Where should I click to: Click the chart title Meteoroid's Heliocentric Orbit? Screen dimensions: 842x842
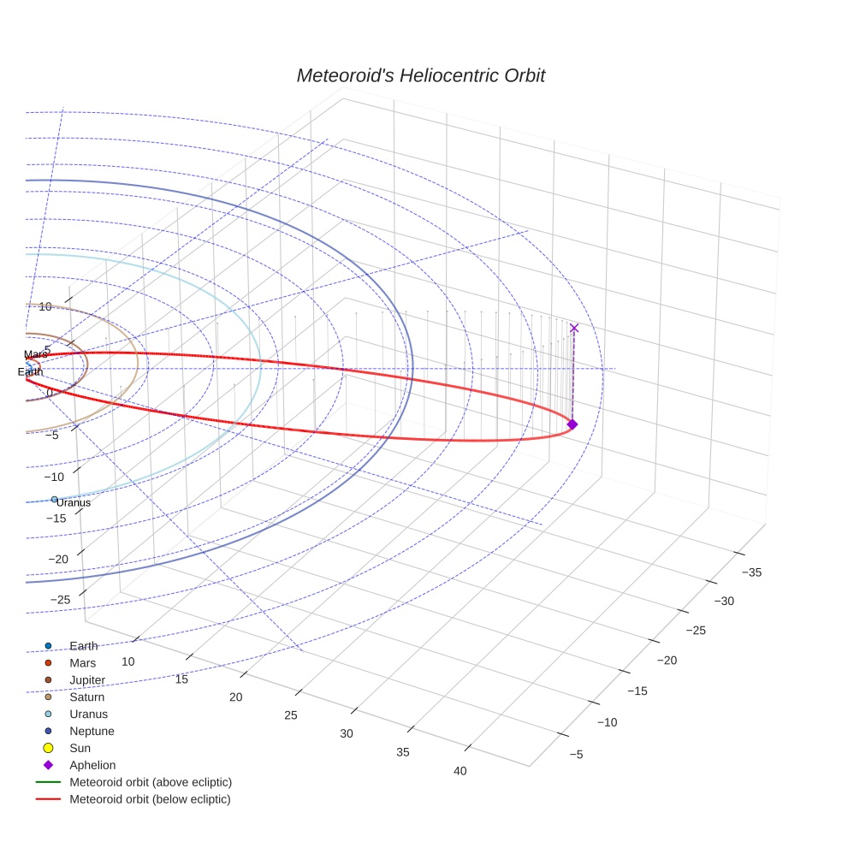click(x=420, y=76)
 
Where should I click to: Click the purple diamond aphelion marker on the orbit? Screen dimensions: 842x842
click(x=572, y=424)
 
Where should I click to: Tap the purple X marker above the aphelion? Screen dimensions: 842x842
click(x=573, y=328)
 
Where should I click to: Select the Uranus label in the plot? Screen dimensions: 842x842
click(x=74, y=503)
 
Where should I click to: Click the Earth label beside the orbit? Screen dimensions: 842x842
click(x=30, y=372)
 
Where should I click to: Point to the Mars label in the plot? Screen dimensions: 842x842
click(x=36, y=354)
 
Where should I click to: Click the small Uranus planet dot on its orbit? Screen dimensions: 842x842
click(x=54, y=499)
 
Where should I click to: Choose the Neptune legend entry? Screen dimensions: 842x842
click(x=92, y=731)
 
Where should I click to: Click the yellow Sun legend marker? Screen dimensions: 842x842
click(x=49, y=748)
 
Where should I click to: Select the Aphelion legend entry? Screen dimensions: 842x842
click(x=92, y=765)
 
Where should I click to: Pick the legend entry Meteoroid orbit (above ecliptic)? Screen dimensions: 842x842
click(x=151, y=782)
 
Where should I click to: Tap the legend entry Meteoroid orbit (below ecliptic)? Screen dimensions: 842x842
click(x=150, y=799)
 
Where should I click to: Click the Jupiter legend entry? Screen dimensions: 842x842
click(x=87, y=680)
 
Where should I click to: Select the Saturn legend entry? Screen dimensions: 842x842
click(x=86, y=697)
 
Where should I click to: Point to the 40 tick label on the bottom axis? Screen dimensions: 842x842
click(x=460, y=771)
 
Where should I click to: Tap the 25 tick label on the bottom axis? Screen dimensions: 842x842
click(x=291, y=715)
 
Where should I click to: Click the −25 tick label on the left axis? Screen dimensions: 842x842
click(x=61, y=600)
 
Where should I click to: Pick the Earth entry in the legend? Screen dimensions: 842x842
click(x=83, y=646)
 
